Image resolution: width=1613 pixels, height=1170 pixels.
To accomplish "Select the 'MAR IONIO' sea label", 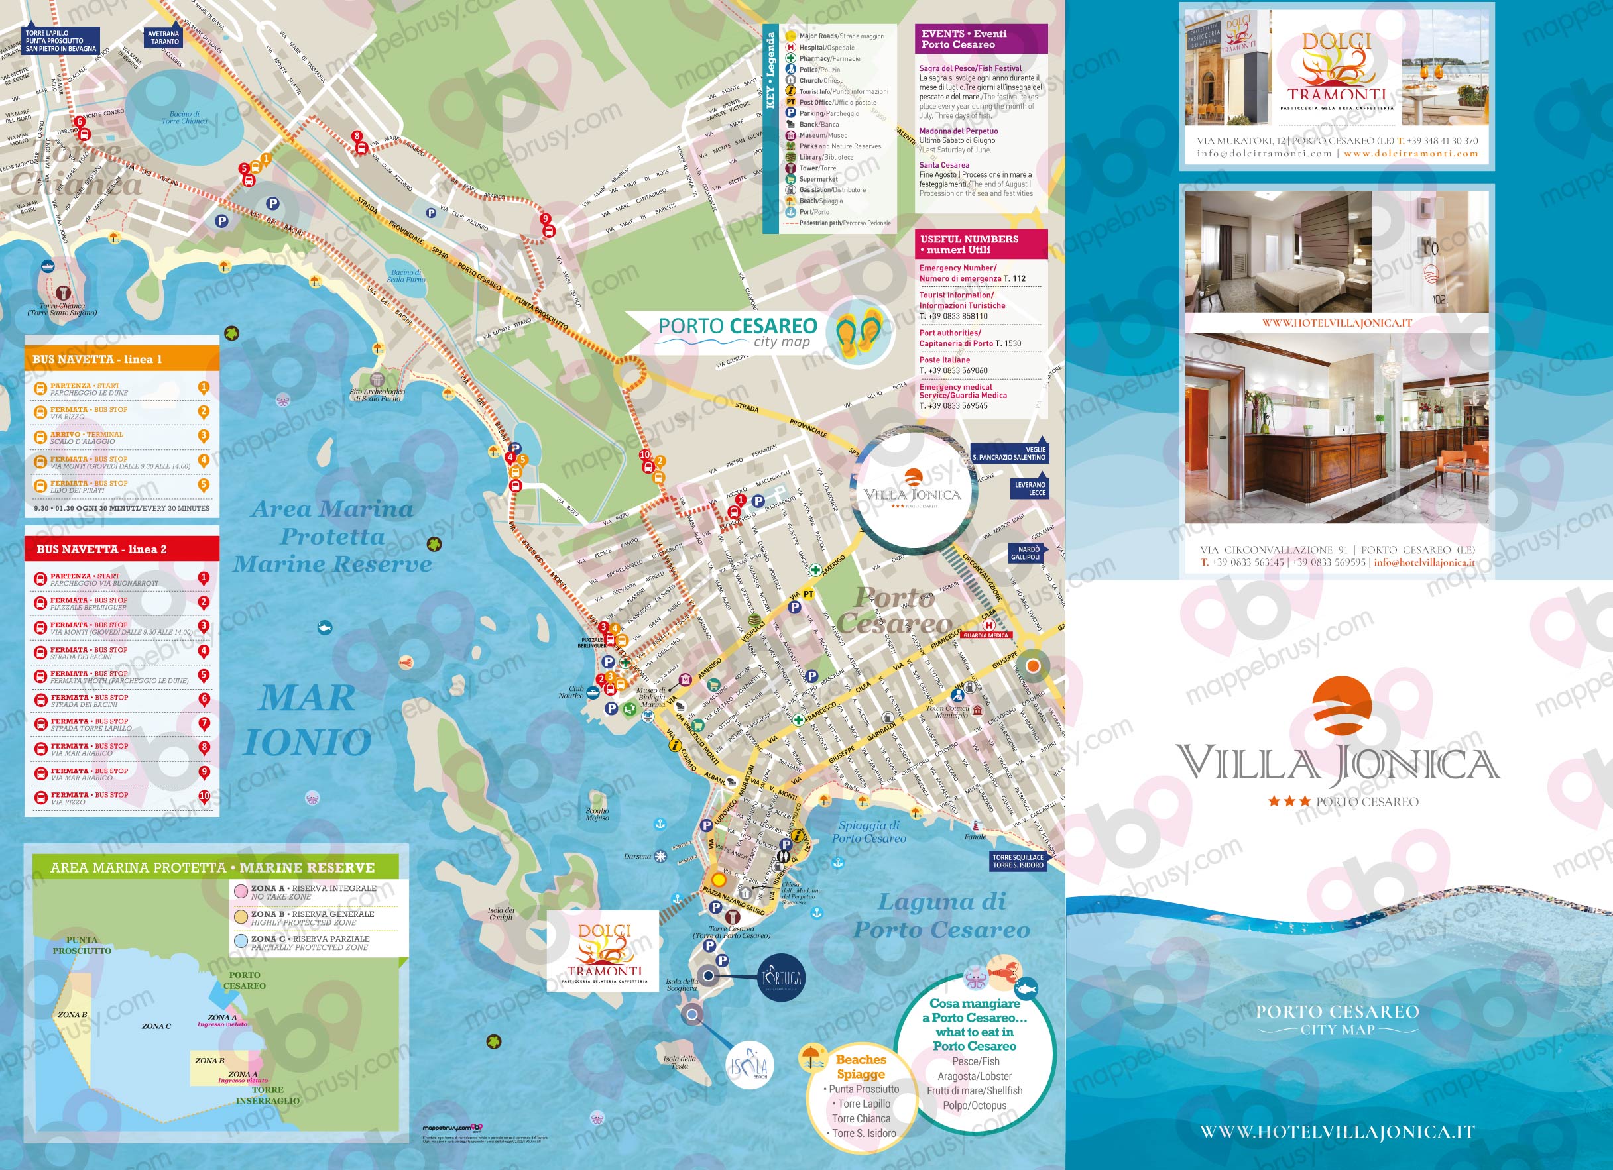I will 307,719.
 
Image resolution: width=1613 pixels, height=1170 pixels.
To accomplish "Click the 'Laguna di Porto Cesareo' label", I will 941,916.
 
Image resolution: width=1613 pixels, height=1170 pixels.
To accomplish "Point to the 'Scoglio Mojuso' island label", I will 597,814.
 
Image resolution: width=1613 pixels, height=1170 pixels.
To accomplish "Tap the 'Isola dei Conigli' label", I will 501,914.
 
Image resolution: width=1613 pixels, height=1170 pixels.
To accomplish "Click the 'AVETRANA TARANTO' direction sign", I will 164,38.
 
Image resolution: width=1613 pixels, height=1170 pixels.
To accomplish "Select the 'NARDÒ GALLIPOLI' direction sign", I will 1028,553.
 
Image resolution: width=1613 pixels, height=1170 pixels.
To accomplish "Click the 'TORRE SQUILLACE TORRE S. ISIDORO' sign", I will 1018,861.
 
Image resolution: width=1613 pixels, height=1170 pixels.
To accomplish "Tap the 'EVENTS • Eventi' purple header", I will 980,39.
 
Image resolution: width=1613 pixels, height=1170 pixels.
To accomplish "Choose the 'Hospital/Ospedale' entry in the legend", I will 827,48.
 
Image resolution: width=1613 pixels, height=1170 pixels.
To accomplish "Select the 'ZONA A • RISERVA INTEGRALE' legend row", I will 313,892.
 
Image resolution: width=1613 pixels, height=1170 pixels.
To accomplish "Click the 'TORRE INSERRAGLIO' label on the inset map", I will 267,1095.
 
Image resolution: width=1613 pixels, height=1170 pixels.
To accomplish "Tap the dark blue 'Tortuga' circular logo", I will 782,978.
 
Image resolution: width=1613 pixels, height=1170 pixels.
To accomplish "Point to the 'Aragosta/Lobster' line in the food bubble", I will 975,1076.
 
